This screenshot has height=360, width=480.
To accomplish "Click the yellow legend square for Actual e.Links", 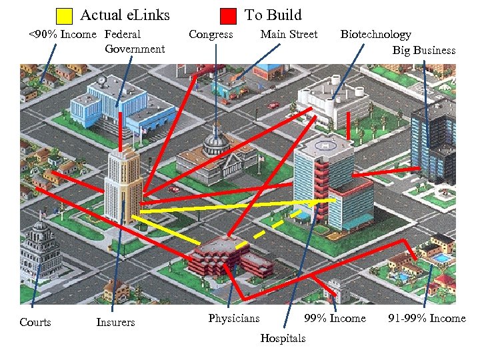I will pyautogui.click(x=64, y=15).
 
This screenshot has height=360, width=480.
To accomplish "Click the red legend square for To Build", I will pyautogui.click(x=229, y=15).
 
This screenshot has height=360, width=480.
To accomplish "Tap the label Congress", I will pyautogui.click(x=211, y=35).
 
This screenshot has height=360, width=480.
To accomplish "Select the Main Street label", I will pyautogui.click(x=289, y=35).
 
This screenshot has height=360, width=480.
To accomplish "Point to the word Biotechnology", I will pyautogui.click(x=375, y=35).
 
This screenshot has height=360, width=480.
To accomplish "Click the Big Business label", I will pyautogui.click(x=423, y=51).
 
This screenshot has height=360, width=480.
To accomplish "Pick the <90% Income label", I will pyautogui.click(x=61, y=35).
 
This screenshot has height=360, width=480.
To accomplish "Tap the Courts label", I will pyautogui.click(x=35, y=323).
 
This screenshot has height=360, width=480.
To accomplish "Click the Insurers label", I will pyautogui.click(x=115, y=323).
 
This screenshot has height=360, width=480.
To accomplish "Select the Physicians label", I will pyautogui.click(x=233, y=319).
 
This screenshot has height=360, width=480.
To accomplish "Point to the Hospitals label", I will pyautogui.click(x=283, y=339).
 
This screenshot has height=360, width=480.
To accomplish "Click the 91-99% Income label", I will pyautogui.click(x=427, y=319).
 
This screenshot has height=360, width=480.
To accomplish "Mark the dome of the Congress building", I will pyautogui.click(x=215, y=143).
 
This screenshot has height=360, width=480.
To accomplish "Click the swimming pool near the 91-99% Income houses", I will pyautogui.click(x=441, y=257).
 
